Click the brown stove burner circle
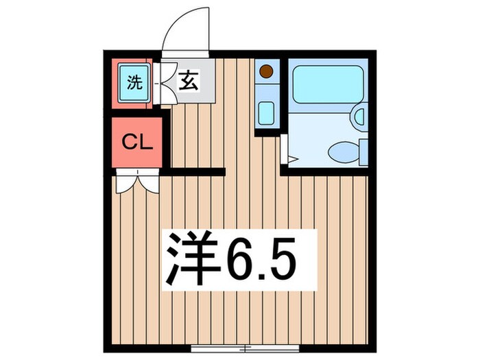click(x=266, y=70)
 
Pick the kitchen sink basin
click(x=265, y=111)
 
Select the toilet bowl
click(x=341, y=150)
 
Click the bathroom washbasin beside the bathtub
click(x=359, y=116)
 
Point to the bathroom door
click(x=286, y=151)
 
